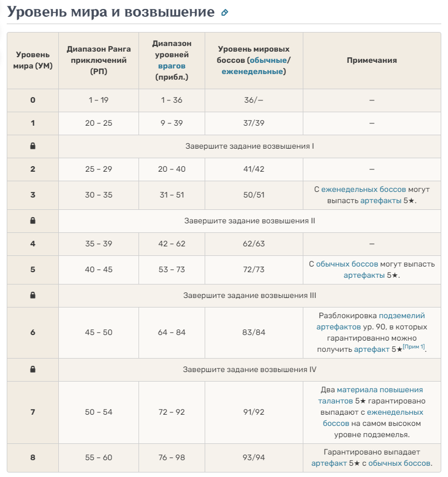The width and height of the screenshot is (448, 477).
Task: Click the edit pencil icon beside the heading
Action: click(225, 12)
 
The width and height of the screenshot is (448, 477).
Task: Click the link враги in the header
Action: click(171, 66)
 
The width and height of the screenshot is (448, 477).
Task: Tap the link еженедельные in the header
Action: click(252, 71)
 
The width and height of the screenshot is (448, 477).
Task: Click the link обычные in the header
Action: click(268, 60)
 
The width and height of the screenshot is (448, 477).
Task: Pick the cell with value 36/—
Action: click(253, 100)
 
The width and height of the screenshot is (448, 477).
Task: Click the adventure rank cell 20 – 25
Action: click(99, 123)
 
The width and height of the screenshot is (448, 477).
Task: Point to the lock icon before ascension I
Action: click(33, 146)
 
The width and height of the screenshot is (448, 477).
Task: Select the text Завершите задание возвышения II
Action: click(250, 221)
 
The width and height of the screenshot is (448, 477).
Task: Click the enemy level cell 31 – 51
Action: click(171, 195)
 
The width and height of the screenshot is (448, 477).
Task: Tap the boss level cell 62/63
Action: click(253, 244)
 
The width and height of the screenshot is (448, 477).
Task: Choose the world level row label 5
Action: click(33, 269)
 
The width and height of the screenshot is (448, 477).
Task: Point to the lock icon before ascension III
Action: click(33, 295)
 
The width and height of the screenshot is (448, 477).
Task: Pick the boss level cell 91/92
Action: click(253, 412)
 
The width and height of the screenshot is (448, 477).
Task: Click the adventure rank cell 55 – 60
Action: click(99, 457)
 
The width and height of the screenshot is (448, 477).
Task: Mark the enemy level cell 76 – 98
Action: click(171, 457)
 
